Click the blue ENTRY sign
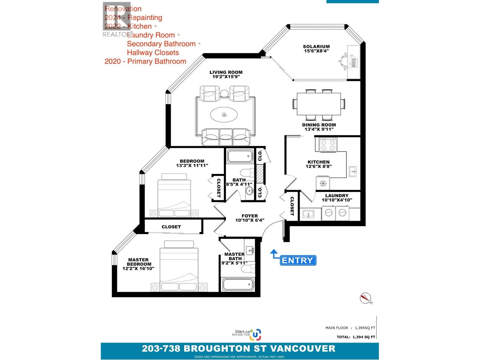point(298,260)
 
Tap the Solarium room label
point(316,46)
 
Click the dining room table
point(319,104)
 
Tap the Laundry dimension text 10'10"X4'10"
point(337,200)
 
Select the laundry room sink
point(307,214)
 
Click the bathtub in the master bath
point(238,284)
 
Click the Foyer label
point(250,216)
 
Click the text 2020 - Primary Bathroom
point(145,61)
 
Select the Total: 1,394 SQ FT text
point(356,337)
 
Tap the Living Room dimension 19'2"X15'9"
point(226,76)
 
